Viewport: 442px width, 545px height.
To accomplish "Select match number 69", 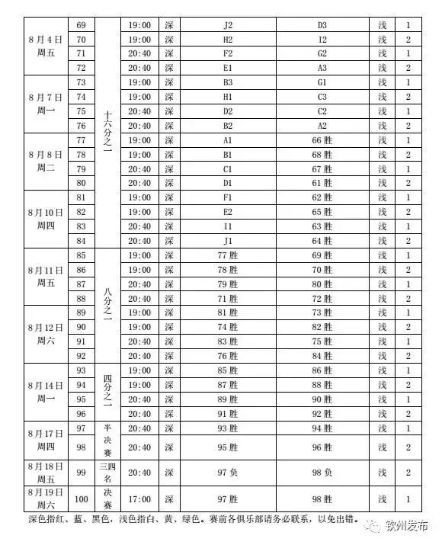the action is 82,25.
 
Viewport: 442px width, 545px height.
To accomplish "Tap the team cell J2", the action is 228,25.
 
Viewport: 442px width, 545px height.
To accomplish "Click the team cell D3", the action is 322,25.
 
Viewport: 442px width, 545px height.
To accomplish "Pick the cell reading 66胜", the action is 322,140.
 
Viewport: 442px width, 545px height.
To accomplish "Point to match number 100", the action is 82,499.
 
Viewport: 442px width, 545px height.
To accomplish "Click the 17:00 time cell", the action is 140,499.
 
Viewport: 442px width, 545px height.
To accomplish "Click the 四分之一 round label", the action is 107,391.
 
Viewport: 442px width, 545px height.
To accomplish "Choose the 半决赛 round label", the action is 107,441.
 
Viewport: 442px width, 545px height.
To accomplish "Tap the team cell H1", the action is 228,97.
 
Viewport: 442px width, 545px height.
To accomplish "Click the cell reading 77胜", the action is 228,255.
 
